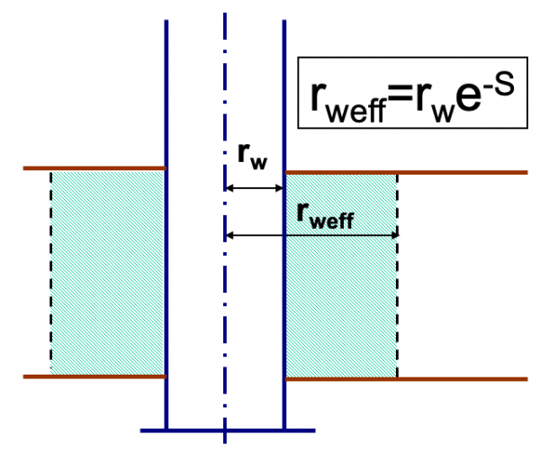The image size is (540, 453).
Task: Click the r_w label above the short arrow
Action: (252, 155)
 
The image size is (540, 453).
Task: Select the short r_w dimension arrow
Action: (254, 188)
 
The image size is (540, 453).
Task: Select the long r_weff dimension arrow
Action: (310, 235)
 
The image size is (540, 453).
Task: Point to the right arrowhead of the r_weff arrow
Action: (392, 235)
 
